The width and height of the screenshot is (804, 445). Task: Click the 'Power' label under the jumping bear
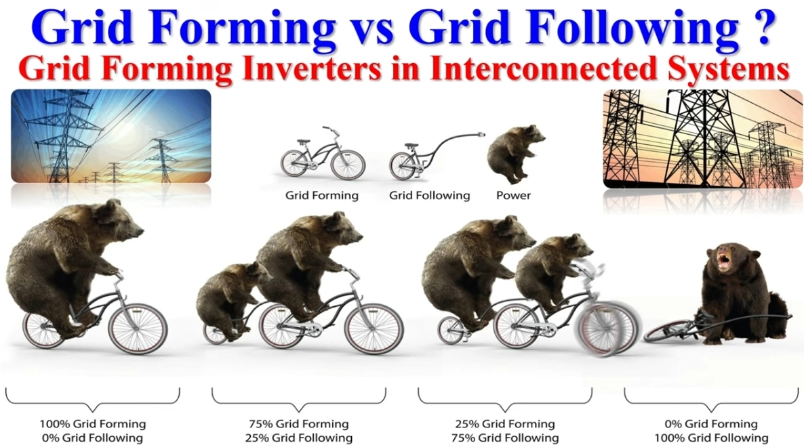click(x=513, y=195)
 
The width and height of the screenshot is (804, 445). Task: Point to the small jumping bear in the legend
click(x=515, y=153)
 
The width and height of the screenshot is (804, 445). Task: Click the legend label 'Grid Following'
click(x=429, y=196)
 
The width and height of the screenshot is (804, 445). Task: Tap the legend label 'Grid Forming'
click(x=321, y=196)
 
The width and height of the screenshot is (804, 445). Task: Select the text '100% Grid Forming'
click(x=93, y=424)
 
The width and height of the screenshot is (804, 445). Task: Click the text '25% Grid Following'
click(x=298, y=438)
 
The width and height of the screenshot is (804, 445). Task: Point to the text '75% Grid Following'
click(x=504, y=438)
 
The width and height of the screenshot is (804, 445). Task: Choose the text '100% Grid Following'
click(x=710, y=438)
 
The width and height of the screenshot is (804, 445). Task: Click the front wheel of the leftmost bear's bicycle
click(x=138, y=329)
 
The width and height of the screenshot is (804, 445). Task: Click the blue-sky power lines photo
click(x=110, y=135)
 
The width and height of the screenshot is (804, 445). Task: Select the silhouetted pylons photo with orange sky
click(x=703, y=139)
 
